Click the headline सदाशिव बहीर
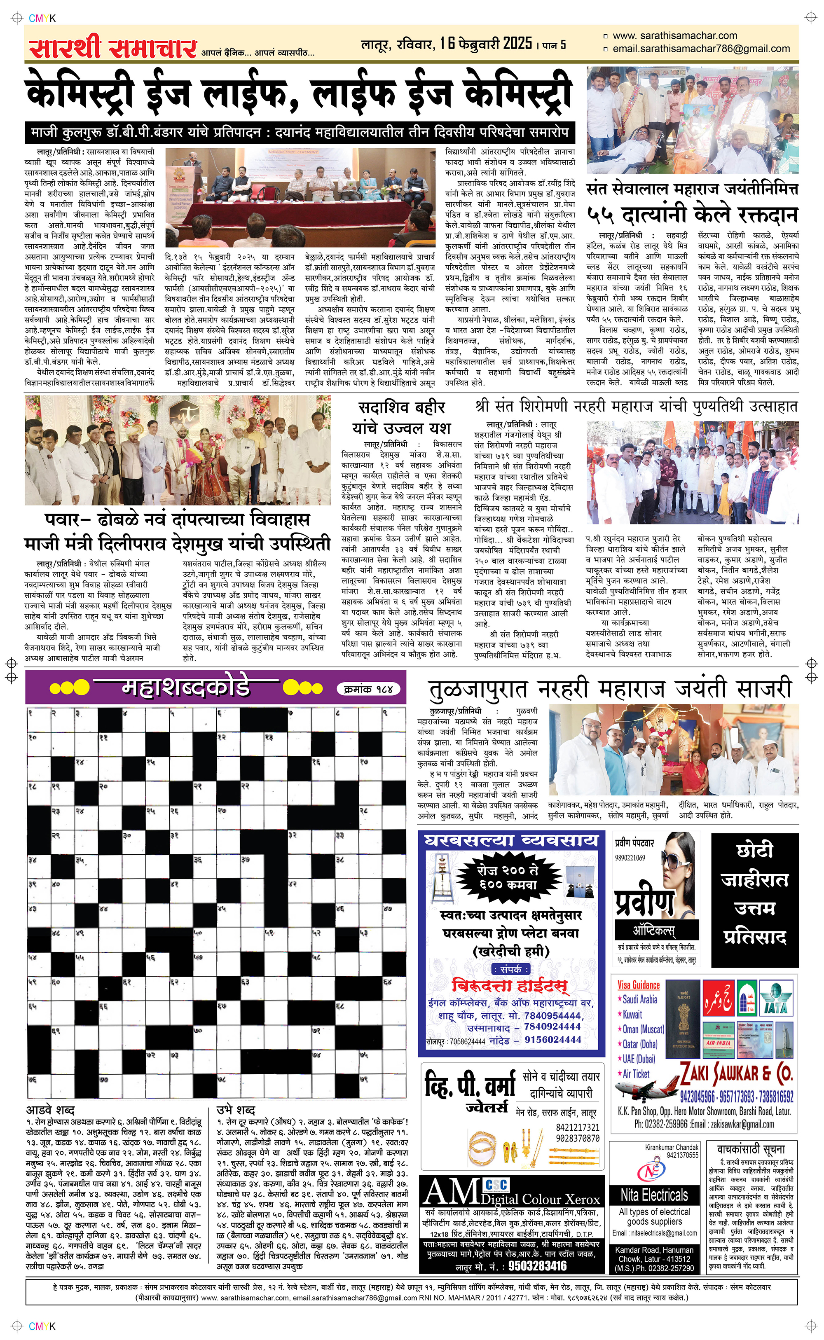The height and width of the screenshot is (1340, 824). point(402,407)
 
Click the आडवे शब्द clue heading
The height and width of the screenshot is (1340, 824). point(50,1110)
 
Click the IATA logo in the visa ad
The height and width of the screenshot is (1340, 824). point(775,998)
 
